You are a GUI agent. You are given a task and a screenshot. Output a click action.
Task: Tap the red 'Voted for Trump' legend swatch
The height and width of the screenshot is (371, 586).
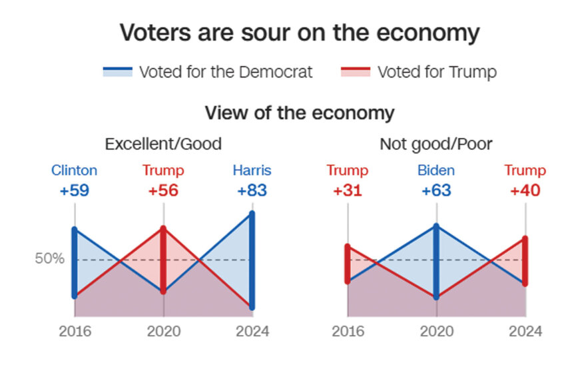pyautogui.click(x=356, y=72)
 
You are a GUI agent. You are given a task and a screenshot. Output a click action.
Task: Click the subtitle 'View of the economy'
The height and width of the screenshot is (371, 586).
pyautogui.click(x=299, y=113)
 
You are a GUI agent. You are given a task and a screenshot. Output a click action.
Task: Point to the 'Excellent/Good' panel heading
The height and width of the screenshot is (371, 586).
pyautogui.click(x=163, y=144)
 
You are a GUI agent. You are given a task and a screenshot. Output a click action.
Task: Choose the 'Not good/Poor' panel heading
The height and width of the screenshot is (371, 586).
pyautogui.click(x=436, y=144)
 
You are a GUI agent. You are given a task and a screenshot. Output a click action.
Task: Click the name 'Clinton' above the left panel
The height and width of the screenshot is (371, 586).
pyautogui.click(x=74, y=171)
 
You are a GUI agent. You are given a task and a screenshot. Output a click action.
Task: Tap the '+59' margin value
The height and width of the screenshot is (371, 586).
pyautogui.click(x=74, y=190)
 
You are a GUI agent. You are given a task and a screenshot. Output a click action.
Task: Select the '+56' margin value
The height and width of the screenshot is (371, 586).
pyautogui.click(x=163, y=190)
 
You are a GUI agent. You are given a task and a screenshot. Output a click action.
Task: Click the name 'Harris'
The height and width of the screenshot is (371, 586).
pyautogui.click(x=252, y=171)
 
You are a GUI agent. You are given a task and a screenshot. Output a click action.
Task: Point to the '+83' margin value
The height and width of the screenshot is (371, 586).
pyautogui.click(x=252, y=190)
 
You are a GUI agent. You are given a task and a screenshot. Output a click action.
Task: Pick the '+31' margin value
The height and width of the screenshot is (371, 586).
pyautogui.click(x=347, y=190)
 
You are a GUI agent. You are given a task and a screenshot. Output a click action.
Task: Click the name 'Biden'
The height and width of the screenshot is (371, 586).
pyautogui.click(x=436, y=171)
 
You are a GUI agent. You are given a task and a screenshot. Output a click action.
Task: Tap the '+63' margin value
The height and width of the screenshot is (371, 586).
pyautogui.click(x=436, y=190)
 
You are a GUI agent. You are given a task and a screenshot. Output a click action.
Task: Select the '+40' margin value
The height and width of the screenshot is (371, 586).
pyautogui.click(x=525, y=190)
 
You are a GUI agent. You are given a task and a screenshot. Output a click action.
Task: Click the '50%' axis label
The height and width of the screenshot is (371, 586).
pyautogui.click(x=49, y=259)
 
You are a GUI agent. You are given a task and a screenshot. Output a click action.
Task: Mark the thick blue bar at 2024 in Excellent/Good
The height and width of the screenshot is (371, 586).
pyautogui.click(x=252, y=260)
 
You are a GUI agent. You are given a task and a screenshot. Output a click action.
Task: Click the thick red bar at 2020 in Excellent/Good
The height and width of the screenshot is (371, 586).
pyautogui.click(x=164, y=260)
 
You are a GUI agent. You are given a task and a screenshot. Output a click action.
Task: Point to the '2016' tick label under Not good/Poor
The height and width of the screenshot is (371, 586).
pyautogui.click(x=347, y=331)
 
